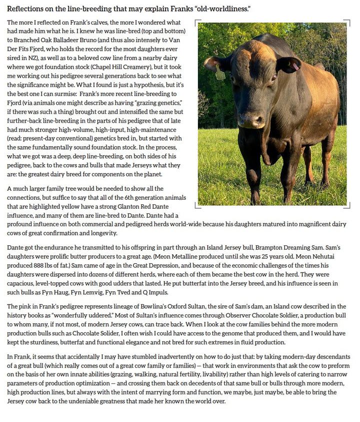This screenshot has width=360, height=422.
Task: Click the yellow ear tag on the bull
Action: [219, 73]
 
